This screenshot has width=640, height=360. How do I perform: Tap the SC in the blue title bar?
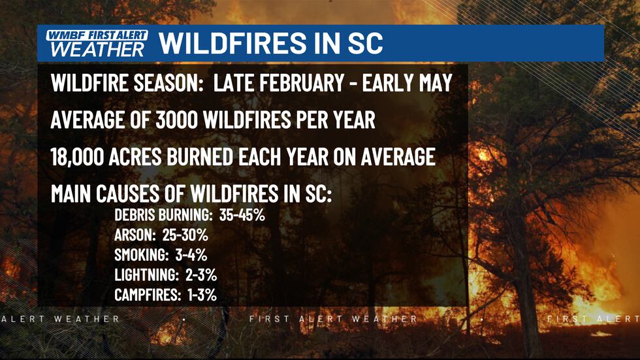click(361, 43)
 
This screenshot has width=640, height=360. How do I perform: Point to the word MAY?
click(432, 84)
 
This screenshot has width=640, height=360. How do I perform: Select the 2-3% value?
click(202, 275)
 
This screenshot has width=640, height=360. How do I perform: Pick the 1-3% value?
click(200, 295)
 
